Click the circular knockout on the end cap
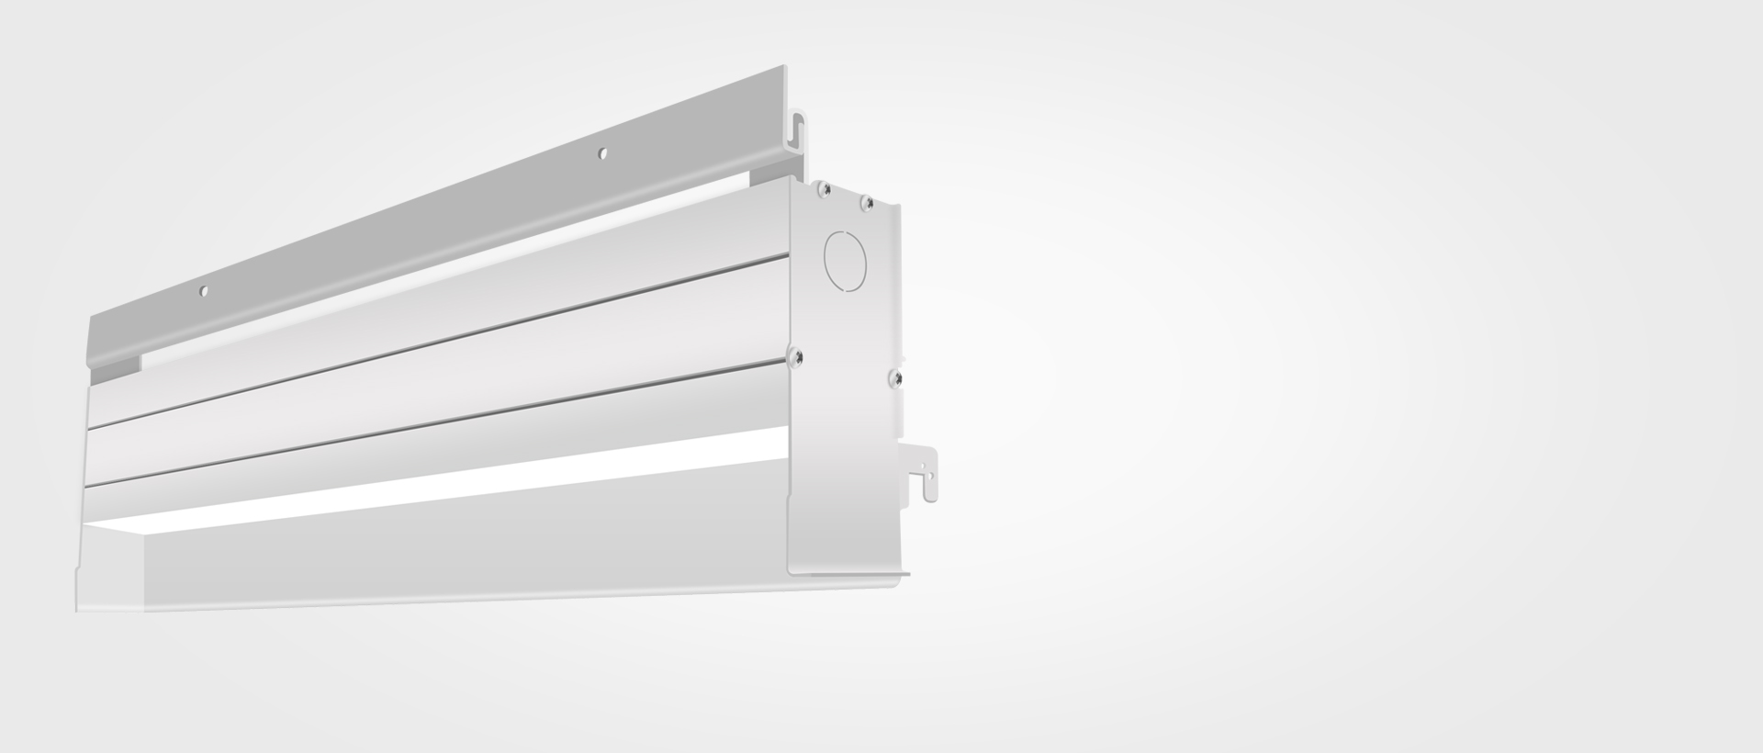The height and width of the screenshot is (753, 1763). [x=846, y=258]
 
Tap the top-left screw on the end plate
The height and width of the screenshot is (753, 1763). [x=825, y=189]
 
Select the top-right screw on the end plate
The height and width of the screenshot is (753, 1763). [x=866, y=203]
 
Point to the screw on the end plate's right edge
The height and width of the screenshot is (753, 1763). [x=894, y=377]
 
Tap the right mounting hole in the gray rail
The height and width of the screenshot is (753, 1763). [x=602, y=154]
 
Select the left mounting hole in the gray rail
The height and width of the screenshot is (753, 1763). [x=204, y=292]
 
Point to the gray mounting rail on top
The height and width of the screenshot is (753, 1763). [x=441, y=220]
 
